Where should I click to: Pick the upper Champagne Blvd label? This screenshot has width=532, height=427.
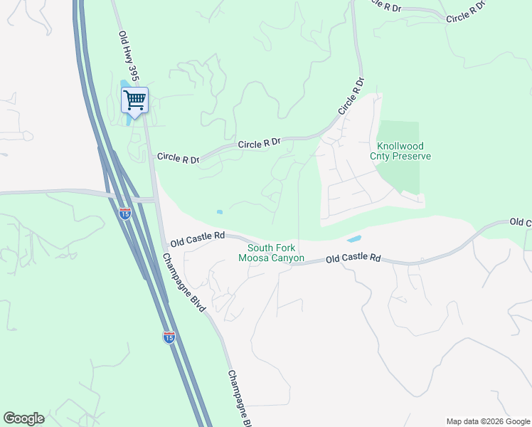click(x=184, y=283)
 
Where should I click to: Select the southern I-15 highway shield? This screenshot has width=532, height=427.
click(x=169, y=337)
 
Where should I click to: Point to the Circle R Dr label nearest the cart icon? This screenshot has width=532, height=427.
click(x=178, y=157)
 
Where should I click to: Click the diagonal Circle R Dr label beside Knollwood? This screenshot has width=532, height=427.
click(x=351, y=97)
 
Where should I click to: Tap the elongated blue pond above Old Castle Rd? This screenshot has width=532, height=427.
click(x=354, y=238)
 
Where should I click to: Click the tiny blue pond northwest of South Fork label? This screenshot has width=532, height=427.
click(x=219, y=212)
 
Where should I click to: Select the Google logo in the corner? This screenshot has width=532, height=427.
click(x=23, y=418)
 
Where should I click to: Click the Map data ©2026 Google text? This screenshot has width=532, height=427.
click(x=488, y=421)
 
